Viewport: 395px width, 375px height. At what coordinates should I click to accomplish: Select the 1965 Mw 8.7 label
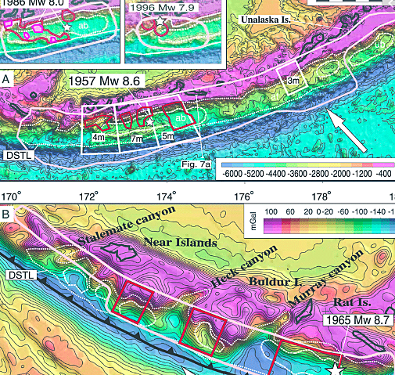click(x=354, y=321)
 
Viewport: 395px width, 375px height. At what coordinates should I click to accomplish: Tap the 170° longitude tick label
click(x=10, y=195)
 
